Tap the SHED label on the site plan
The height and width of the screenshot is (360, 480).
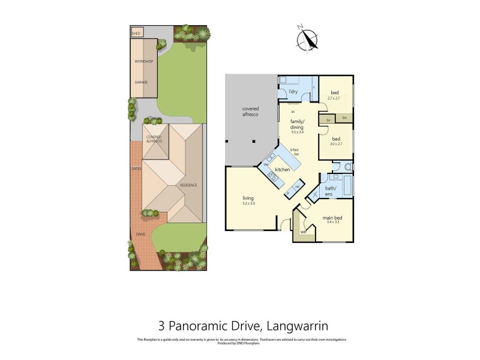[x=136, y=34]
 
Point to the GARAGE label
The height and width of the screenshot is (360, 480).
[x=141, y=82]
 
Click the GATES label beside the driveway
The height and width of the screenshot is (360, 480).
[x=136, y=169]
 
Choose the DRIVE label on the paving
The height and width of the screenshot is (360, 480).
[x=140, y=234]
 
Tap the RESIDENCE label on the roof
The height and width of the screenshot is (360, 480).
[x=188, y=185]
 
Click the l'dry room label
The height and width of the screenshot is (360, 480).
[x=293, y=91]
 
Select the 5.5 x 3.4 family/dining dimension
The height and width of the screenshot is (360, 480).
[x=298, y=131]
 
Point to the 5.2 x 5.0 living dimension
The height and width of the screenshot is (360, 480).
[x=248, y=203]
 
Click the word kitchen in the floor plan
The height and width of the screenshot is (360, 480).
[x=283, y=170]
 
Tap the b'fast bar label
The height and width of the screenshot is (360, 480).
[x=295, y=152]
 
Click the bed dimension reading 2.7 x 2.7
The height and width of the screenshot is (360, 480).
[x=334, y=98]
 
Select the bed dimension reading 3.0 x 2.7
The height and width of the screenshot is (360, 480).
[x=336, y=144]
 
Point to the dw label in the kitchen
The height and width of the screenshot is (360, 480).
[x=266, y=164]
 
